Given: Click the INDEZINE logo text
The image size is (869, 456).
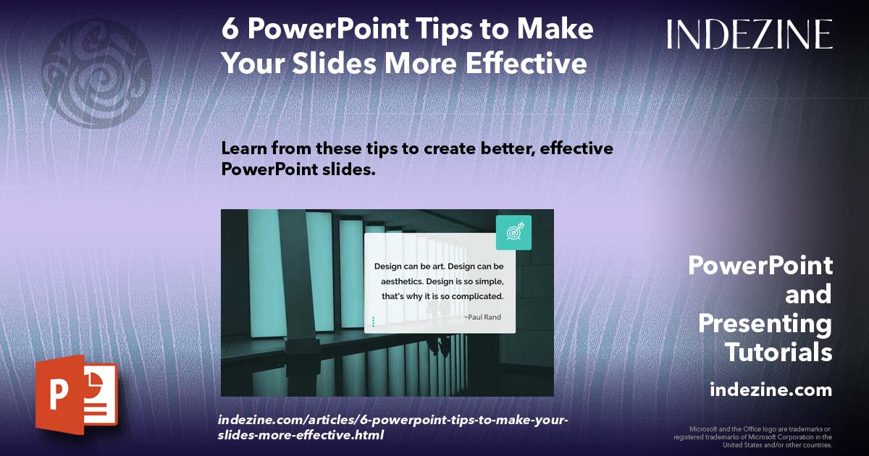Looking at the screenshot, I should click(750, 34).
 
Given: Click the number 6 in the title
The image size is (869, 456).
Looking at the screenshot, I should click(230, 30).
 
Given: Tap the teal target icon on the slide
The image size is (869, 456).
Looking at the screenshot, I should click(513, 232).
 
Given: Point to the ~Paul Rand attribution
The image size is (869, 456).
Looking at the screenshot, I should click(482, 317).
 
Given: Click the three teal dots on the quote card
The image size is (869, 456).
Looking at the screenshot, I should click(373, 321).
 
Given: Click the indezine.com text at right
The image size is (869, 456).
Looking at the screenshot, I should click(771, 389).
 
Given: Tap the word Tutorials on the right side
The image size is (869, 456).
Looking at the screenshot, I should click(778, 352).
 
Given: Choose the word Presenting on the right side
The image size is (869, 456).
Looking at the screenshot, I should click(765, 324).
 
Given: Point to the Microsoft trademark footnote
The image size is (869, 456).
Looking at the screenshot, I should click(753, 436).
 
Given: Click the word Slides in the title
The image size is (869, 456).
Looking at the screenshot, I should click(337, 63).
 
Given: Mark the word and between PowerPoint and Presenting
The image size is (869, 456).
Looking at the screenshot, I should click(808, 295).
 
